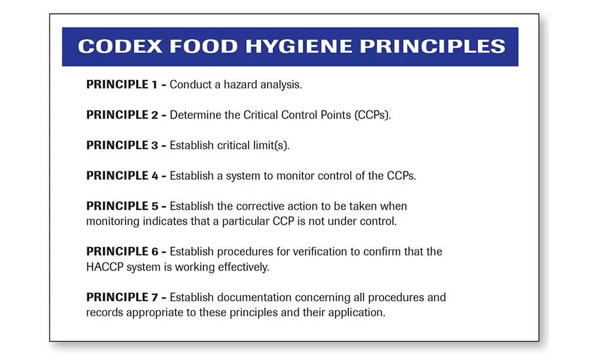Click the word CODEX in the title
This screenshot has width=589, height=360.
pyautogui.click(x=120, y=46)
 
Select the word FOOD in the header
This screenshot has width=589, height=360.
pyautogui.click(x=204, y=46)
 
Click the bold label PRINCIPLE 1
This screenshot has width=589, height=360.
pyautogui.click(x=122, y=84)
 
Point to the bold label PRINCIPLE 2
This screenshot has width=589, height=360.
pyautogui.click(x=122, y=115)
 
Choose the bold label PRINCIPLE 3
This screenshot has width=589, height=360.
pyautogui.click(x=122, y=145)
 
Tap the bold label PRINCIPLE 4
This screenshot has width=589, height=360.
pyautogui.click(x=122, y=175)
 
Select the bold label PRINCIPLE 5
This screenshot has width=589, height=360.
pyautogui.click(x=122, y=206)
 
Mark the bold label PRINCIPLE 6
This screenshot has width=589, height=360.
pyautogui.click(x=122, y=251)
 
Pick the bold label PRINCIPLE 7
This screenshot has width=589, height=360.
pyautogui.click(x=122, y=297)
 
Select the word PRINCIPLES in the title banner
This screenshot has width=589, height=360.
pyautogui.click(x=433, y=46)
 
